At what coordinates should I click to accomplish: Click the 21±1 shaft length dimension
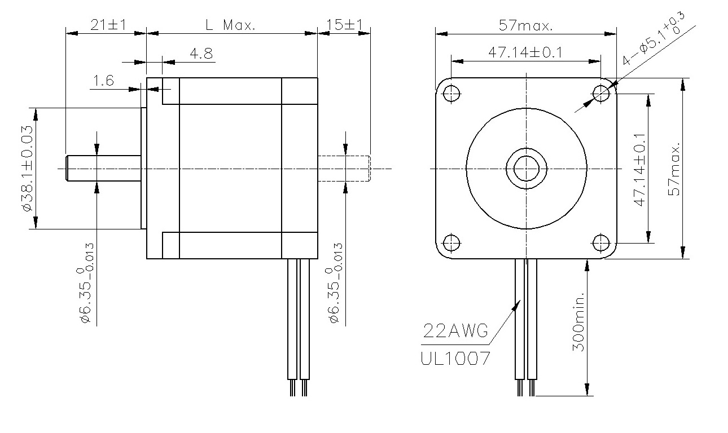coord(108,25)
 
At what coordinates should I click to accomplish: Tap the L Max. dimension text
coord(231,25)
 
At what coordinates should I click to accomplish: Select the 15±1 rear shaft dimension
coord(344,25)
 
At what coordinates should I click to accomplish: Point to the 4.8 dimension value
coord(201,54)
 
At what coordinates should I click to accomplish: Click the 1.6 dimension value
coord(103,81)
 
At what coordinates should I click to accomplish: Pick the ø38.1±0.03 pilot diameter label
coord(28,169)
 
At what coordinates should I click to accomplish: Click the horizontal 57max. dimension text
coord(525,25)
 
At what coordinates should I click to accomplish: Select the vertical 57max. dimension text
coord(674,169)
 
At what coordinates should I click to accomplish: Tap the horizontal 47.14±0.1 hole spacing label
coord(525,52)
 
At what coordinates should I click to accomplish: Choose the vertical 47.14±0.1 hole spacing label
coord(639,170)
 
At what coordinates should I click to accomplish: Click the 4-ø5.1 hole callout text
coord(654,38)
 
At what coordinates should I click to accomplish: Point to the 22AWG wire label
coord(455,331)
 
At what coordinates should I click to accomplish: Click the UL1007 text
coord(455,359)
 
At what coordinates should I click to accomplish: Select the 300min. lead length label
coord(578,321)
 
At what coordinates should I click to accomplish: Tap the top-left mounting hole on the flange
coord(451,94)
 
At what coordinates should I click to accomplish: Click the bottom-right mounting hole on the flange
coord(601,243)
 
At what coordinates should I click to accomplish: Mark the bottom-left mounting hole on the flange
coord(451,243)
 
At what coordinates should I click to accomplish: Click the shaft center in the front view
coord(526,169)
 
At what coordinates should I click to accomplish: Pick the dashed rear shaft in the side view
coord(344,169)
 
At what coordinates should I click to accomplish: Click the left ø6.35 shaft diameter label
coord(87,283)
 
